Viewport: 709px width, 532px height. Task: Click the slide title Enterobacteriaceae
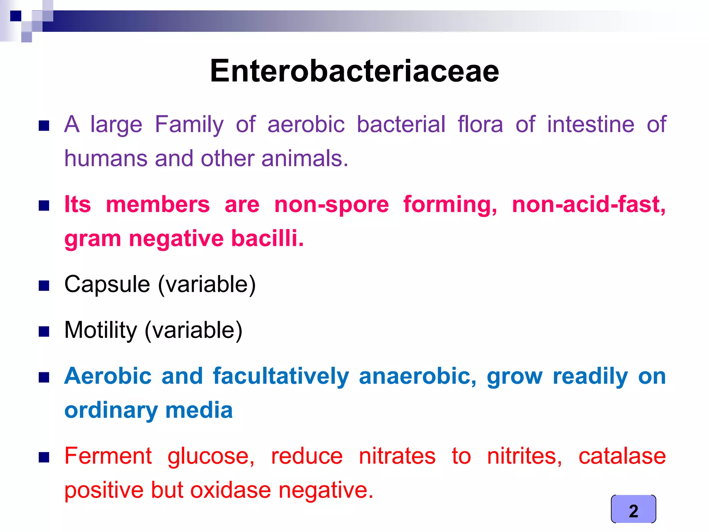pos(354,71)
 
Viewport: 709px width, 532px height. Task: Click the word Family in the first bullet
pos(189,125)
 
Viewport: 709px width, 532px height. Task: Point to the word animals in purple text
pos(304,159)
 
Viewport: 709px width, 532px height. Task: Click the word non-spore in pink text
pos(331,204)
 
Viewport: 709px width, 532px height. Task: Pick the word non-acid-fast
pos(589,204)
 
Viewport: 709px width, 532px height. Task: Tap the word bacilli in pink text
pos(267,238)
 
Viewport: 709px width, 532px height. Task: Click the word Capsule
pos(107,284)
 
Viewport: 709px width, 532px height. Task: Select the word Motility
pos(101,330)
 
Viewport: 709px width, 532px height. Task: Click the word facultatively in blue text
pos(281,376)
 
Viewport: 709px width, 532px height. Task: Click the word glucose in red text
pos(211,456)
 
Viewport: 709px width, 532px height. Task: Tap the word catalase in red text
pos(622,456)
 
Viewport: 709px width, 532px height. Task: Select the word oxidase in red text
pos(230,490)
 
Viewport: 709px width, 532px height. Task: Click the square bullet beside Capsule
pos(44,286)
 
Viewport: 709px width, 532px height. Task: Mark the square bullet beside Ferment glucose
pos(44,458)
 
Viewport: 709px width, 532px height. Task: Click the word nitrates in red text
pos(397,456)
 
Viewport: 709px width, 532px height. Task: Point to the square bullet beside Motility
pos(44,332)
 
